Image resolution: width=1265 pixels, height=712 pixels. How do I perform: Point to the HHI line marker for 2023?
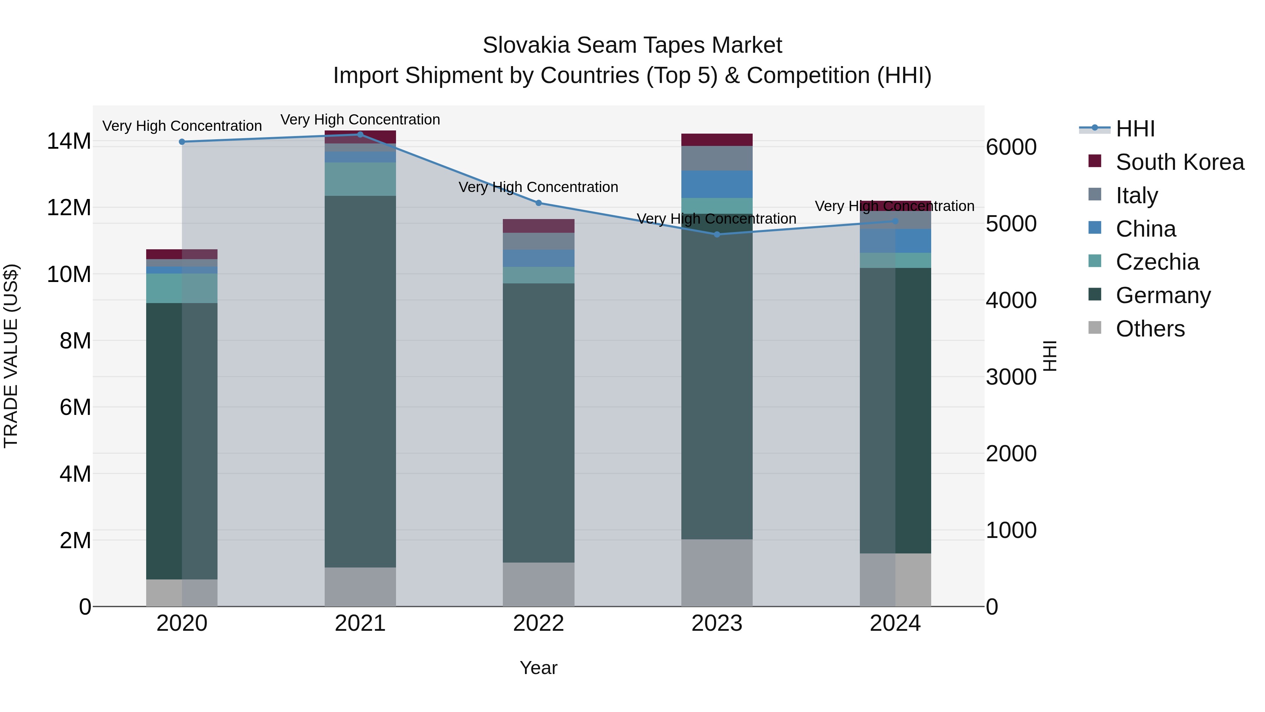[716, 235]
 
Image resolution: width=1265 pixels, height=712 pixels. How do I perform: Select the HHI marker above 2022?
[538, 203]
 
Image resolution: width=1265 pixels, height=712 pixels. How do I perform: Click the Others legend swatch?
[1095, 328]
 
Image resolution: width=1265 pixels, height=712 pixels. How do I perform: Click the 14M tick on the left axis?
[69, 141]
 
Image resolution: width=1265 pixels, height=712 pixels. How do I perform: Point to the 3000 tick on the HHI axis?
[1011, 377]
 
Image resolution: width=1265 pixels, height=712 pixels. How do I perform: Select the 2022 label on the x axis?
[538, 623]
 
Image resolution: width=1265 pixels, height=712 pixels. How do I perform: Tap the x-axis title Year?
[538, 668]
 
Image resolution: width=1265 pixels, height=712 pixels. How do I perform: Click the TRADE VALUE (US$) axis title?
[11, 356]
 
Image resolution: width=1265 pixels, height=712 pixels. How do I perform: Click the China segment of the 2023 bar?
[716, 184]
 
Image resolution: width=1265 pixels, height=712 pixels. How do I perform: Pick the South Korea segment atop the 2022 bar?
[538, 226]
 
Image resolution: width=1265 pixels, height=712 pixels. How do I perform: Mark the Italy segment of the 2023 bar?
[716, 158]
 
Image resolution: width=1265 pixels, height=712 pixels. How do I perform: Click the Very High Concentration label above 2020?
[182, 126]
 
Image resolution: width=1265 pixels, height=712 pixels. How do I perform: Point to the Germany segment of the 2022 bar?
[538, 423]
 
